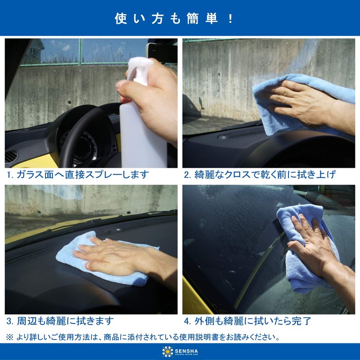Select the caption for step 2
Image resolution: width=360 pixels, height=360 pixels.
tap(260, 175)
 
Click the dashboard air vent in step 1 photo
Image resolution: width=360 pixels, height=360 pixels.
tap(12, 156)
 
